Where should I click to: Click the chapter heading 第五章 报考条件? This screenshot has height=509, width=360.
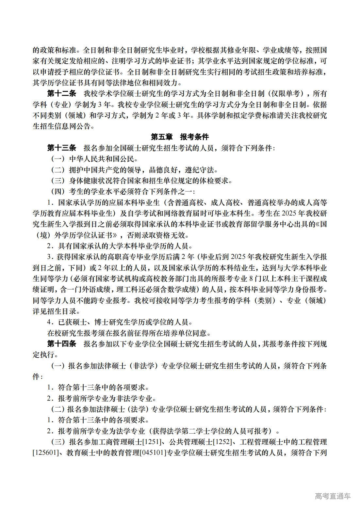click(x=180, y=137)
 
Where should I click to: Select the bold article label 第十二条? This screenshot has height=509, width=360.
click(x=61, y=94)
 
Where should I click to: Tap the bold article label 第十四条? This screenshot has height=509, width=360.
click(x=61, y=344)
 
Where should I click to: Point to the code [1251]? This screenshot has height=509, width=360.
click(x=153, y=442)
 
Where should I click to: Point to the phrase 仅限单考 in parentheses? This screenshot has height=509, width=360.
click(x=290, y=94)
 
